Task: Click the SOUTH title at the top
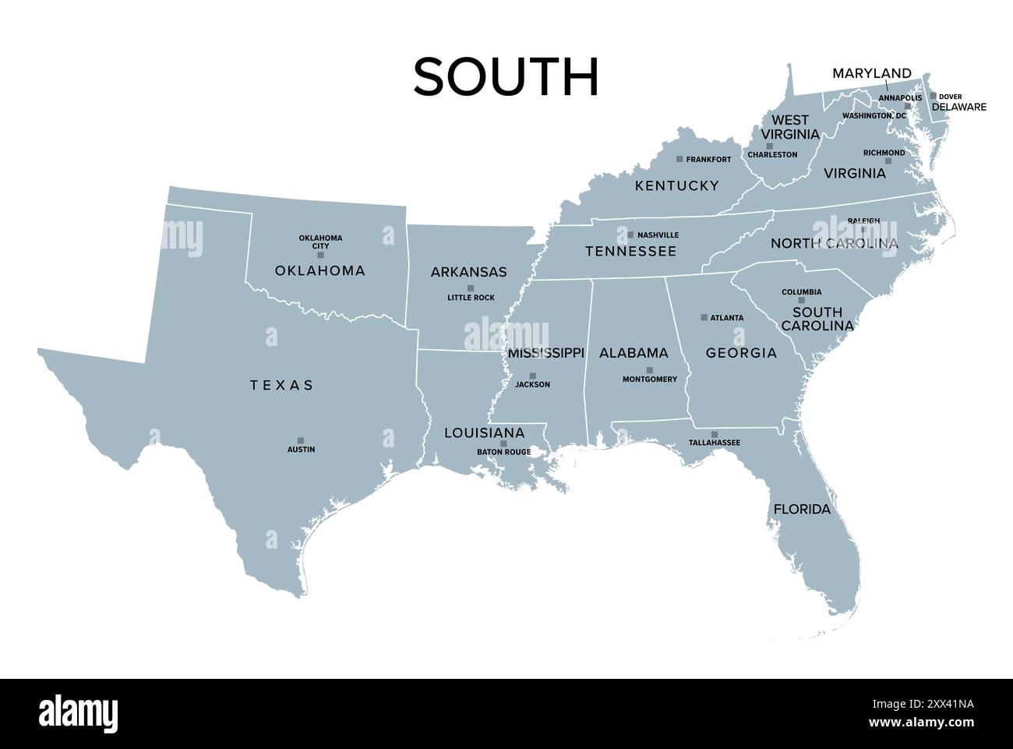[x=506, y=77]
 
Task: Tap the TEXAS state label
[x=282, y=385]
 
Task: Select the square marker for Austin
[x=301, y=440]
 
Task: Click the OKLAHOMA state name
[x=319, y=271]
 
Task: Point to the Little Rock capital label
[x=471, y=298]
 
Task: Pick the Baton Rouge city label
[x=503, y=452]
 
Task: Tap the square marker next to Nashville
[x=630, y=235]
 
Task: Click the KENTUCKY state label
[x=676, y=185]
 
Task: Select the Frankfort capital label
[x=708, y=160]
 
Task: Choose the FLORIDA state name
[x=802, y=510]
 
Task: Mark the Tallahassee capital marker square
[x=715, y=434]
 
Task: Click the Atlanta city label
[x=726, y=318]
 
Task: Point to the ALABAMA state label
[x=634, y=353]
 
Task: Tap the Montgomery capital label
[x=649, y=380]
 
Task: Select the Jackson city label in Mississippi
[x=532, y=384]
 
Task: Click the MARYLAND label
[x=871, y=73]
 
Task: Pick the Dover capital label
[x=950, y=97]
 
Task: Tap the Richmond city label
[x=884, y=153]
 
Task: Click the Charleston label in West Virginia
[x=772, y=154]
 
